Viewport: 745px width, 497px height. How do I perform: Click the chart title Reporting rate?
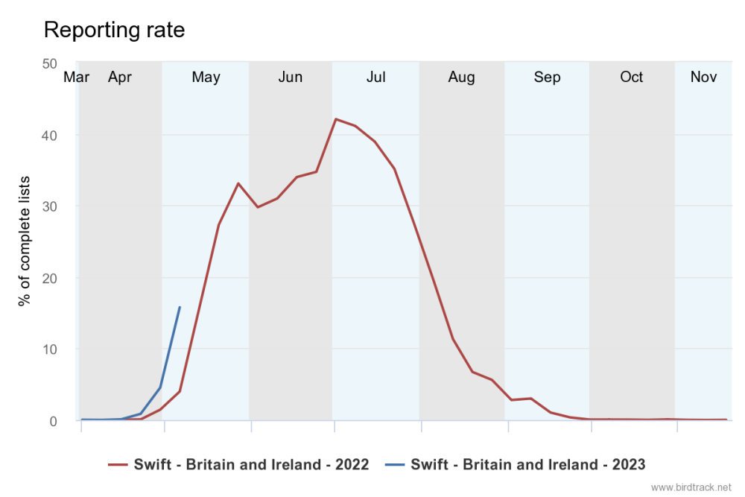114,30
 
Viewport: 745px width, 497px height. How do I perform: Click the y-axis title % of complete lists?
25,241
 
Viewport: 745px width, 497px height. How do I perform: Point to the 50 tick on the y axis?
50,64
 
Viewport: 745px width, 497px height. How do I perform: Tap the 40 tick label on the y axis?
50,136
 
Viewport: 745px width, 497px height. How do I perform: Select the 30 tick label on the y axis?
50,206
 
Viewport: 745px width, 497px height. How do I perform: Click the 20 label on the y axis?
50,278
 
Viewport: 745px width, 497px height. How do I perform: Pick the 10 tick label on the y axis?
50,349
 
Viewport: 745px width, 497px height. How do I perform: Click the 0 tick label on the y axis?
53,421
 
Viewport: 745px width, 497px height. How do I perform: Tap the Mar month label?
77,77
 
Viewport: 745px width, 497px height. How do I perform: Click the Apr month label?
120,77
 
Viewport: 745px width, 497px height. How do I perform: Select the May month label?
206,77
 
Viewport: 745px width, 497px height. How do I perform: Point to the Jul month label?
376,77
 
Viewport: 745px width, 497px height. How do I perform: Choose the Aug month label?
462,77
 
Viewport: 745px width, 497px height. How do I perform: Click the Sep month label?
548,77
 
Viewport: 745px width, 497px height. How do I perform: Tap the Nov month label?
703,77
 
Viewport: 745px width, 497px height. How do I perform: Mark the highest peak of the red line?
336,119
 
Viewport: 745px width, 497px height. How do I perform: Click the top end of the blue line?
180,307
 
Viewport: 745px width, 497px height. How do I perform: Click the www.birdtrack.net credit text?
691,487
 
